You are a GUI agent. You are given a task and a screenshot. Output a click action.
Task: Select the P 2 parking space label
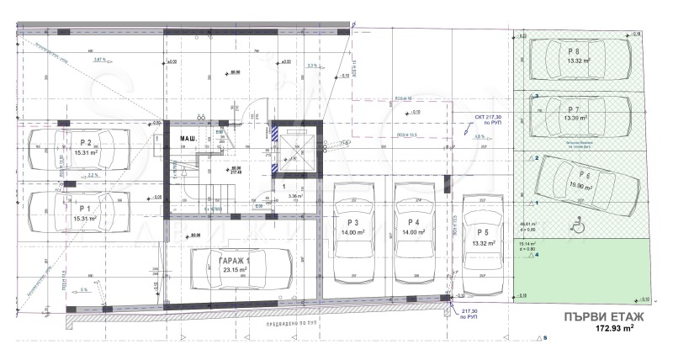point(85,143)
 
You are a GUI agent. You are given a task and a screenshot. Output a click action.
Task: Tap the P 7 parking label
point(573,110)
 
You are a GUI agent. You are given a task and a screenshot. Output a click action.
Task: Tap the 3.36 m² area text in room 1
point(294,196)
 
